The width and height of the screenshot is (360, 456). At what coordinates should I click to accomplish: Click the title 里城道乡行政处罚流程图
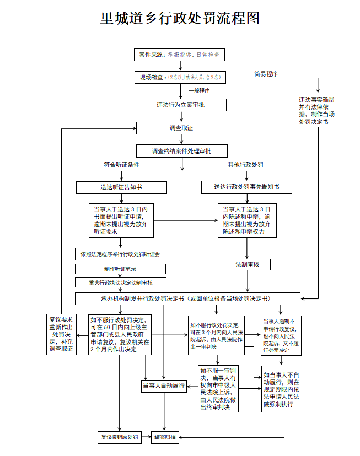(x=180, y=19)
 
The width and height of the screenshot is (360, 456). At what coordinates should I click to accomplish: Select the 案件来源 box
(x=180, y=55)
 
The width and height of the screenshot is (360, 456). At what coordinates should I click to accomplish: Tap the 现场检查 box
(x=180, y=77)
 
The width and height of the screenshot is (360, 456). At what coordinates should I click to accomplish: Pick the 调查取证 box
(x=181, y=128)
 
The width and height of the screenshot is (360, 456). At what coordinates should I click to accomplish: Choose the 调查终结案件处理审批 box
(x=181, y=150)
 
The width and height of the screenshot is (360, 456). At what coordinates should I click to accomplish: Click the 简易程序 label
(x=266, y=73)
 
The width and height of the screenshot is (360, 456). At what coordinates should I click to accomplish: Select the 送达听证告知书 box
(x=121, y=187)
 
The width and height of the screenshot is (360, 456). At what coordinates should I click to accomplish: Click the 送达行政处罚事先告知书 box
(x=246, y=187)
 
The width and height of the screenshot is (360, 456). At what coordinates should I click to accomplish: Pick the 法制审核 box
(x=246, y=264)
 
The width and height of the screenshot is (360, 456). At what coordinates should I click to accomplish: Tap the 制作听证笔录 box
(x=121, y=269)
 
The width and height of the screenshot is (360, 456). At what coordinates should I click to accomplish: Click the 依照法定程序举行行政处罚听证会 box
(x=121, y=254)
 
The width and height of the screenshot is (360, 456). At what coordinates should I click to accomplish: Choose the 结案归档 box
(x=165, y=437)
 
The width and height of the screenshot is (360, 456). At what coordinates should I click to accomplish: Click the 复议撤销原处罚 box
(x=120, y=437)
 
